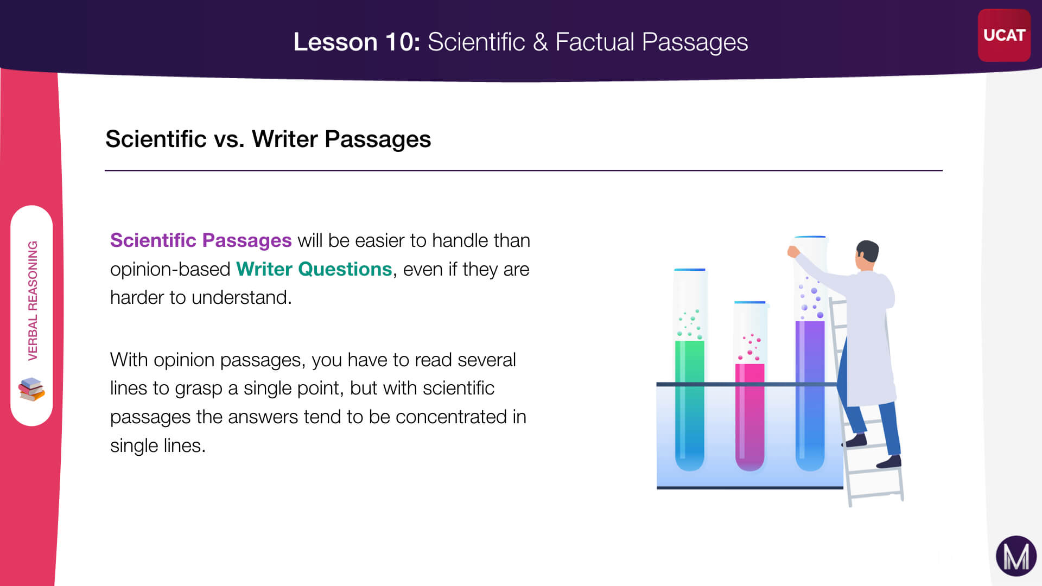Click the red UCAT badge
[x=1004, y=35]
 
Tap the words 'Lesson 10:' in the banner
[x=357, y=42]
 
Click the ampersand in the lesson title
[x=540, y=42]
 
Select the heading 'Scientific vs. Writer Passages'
[x=268, y=139]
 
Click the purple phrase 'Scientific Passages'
[x=201, y=240]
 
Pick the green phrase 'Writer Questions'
[x=314, y=269]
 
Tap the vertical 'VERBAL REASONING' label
[x=33, y=301]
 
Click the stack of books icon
[x=31, y=389]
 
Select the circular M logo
[x=1016, y=556]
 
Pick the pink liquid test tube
[x=749, y=386]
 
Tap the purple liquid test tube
[x=810, y=354]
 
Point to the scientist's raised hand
[x=793, y=251]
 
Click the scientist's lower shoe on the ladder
[x=889, y=462]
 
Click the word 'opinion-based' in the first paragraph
[x=170, y=269]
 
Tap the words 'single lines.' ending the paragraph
[x=158, y=445]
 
